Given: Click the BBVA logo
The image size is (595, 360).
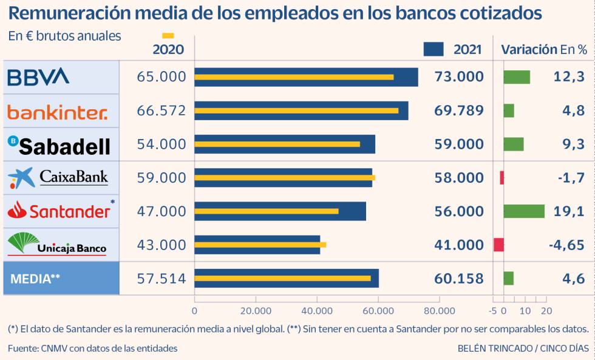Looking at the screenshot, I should [x=38, y=76].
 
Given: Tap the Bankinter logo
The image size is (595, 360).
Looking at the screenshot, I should [x=57, y=111].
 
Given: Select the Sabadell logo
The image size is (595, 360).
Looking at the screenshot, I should [x=59, y=145].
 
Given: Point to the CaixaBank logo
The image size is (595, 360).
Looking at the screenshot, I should [x=58, y=178].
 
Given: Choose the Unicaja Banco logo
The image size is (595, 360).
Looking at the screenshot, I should [x=57, y=245].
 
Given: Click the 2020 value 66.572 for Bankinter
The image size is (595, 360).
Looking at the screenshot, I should [x=161, y=110].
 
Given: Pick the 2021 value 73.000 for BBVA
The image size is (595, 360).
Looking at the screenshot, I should [x=459, y=76].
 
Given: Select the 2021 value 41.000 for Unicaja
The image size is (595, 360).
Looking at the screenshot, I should [x=459, y=245].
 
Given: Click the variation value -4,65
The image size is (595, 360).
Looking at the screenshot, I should [x=566, y=245].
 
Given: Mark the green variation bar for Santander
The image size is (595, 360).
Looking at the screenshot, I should [x=524, y=211].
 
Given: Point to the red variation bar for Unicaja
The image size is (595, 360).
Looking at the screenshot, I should [x=498, y=245].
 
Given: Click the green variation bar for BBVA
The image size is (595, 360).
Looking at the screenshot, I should [x=517, y=77].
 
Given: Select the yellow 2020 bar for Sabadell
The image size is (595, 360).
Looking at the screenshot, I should [x=277, y=144].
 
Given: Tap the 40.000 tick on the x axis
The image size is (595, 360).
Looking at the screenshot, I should [x=317, y=311].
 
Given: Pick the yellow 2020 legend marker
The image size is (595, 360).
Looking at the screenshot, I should [x=168, y=36].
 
